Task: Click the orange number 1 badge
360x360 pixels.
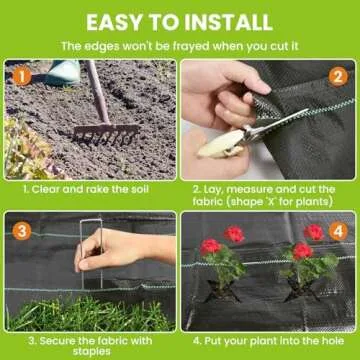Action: click(21, 76)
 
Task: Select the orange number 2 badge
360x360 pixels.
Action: click(339, 76)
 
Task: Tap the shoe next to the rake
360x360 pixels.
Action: click(63, 72)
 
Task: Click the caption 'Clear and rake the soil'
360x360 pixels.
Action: click(90, 188)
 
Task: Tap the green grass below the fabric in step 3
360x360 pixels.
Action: click(90, 315)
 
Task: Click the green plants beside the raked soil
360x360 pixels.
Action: click(26, 150)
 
